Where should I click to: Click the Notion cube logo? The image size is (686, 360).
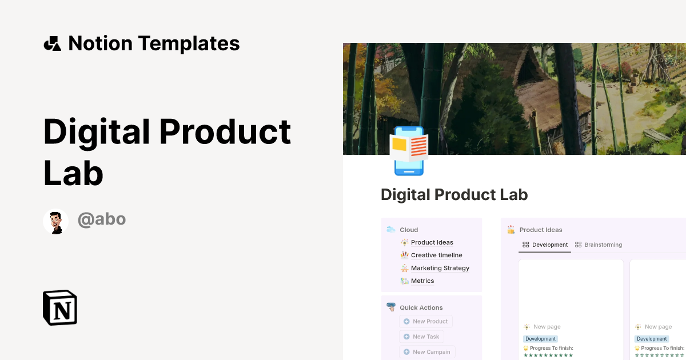click(x=60, y=307)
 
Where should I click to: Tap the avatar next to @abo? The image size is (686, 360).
click(x=56, y=221)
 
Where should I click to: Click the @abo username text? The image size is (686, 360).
click(x=102, y=219)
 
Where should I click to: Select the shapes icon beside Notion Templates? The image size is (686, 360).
click(x=52, y=43)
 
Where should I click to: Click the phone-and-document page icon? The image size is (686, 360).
click(x=409, y=150)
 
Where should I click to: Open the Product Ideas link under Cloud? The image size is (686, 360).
click(x=432, y=242)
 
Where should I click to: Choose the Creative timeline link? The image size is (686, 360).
click(x=436, y=255)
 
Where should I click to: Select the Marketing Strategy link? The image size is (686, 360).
click(x=440, y=268)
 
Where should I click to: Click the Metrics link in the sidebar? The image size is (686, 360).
click(x=422, y=281)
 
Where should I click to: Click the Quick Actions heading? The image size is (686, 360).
click(x=421, y=307)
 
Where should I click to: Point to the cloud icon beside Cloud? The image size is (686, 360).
click(x=391, y=230)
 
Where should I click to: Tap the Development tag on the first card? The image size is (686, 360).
click(x=540, y=339)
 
